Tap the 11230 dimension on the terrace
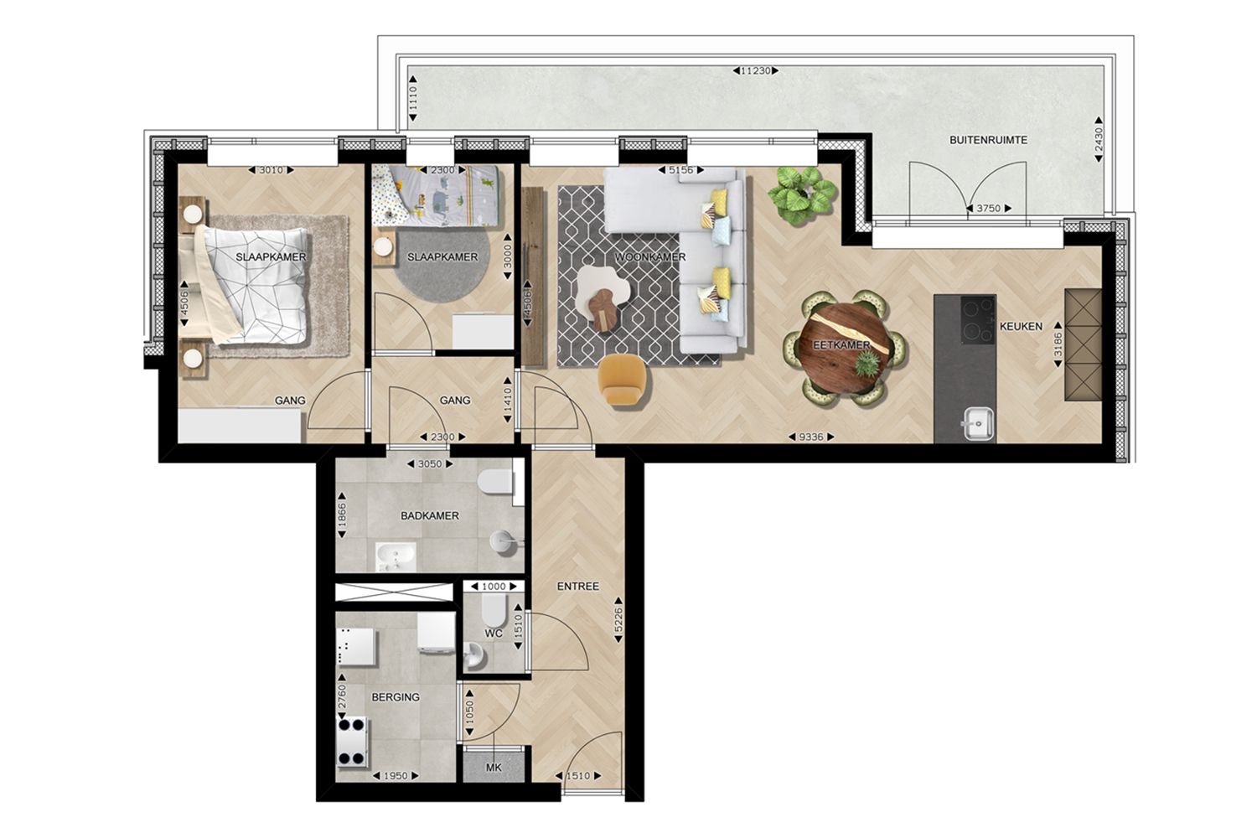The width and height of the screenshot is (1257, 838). (754, 71)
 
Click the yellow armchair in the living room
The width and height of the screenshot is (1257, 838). (623, 380)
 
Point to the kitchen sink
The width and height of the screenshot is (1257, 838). (977, 423)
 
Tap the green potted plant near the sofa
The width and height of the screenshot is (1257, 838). (803, 193)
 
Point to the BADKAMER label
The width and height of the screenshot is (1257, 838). (430, 516)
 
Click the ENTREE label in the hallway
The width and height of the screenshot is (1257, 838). (578, 587)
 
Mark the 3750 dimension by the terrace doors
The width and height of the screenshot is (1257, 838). (989, 209)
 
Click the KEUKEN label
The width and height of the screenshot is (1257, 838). (1021, 327)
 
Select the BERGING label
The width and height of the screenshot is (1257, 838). (396, 697)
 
